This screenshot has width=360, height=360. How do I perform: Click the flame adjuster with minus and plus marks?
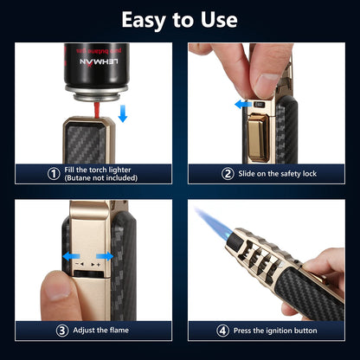86,258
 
